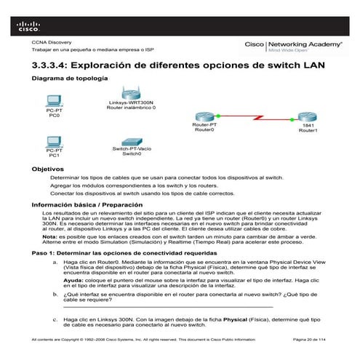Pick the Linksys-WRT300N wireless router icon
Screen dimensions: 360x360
pos(131,92)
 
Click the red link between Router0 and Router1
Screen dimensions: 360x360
pos(255,116)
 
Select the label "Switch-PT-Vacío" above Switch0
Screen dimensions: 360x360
pos(131,148)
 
